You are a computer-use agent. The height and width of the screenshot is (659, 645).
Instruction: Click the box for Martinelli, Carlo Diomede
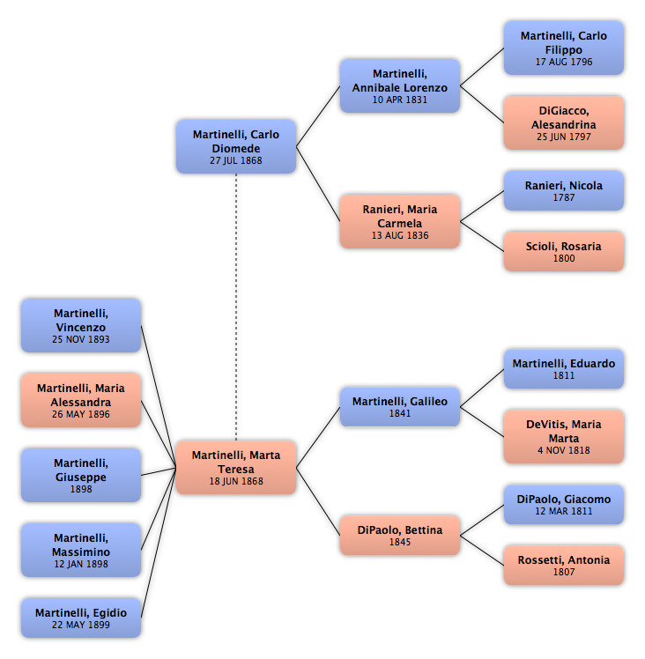pos(236,146)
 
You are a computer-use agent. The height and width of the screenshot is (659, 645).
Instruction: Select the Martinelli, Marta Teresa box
pos(236,467)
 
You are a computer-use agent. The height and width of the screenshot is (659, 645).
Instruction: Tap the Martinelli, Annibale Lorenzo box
pos(400,85)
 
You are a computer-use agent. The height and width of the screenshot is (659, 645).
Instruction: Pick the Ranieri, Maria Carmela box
pos(400,221)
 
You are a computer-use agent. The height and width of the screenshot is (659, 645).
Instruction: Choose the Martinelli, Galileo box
pos(400,406)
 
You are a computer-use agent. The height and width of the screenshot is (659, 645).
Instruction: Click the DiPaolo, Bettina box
pos(400,535)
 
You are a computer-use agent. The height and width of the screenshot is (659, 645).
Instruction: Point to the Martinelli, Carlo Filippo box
pos(564,48)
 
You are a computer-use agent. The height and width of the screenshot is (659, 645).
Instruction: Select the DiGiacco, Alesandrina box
pos(564,122)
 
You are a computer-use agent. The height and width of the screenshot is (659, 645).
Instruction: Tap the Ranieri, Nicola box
pos(564,190)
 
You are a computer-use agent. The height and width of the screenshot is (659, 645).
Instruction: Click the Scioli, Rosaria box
pos(564,251)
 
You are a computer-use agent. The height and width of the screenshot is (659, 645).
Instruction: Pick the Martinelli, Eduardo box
pos(564,368)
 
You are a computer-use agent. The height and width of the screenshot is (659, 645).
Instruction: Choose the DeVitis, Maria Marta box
pos(564,436)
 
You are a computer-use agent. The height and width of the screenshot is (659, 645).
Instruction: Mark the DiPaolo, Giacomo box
pos(564,504)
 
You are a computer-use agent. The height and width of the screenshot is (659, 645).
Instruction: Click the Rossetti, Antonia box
pos(564,565)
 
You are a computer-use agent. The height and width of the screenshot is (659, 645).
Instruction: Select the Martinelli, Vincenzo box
pos(81,325)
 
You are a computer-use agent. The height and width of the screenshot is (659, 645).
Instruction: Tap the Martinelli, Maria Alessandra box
pos(81,400)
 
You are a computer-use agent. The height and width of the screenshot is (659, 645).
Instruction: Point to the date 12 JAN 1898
pos(81,565)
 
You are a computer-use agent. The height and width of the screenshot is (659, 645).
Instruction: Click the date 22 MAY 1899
pos(81,626)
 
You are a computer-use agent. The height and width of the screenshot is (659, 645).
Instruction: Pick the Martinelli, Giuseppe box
pos(81,475)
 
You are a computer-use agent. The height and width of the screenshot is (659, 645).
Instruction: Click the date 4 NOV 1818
pos(564,451)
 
